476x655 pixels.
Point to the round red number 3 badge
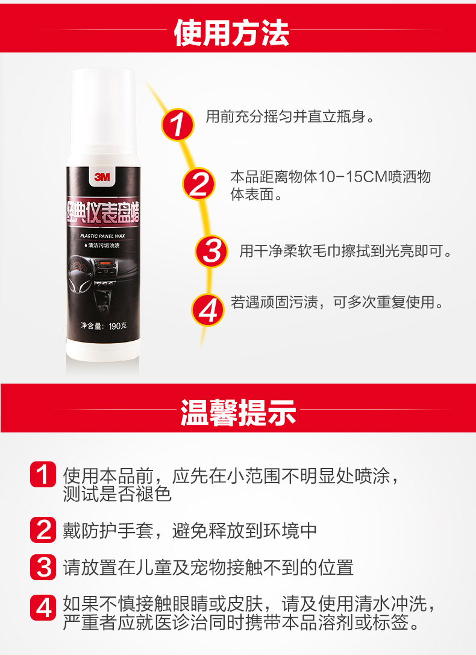click(211, 250)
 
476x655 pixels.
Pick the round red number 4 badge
click(207, 309)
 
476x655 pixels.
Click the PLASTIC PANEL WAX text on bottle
click(102, 236)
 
